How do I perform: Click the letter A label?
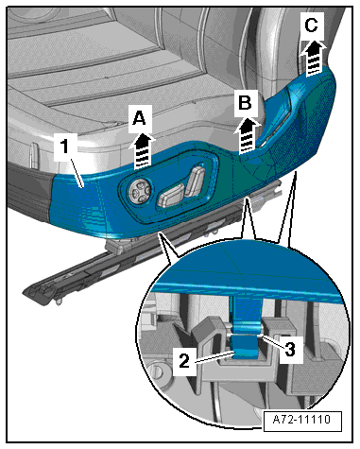pyautogui.click(x=139, y=119)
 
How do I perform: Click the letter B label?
pyautogui.click(x=245, y=103)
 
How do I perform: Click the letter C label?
pyautogui.click(x=311, y=26)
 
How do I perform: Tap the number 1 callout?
pyautogui.click(x=65, y=147)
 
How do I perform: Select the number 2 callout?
pyautogui.click(x=184, y=361)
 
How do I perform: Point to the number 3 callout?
pyautogui.click(x=290, y=350)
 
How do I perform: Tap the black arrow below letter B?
pyautogui.click(x=248, y=135)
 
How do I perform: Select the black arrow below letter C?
pyautogui.click(x=314, y=59)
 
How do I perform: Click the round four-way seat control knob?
pyautogui.click(x=139, y=191)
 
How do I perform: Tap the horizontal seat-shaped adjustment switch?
pyautogui.click(x=172, y=196)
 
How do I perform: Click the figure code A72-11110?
pyautogui.click(x=301, y=420)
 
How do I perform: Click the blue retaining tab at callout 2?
pyautogui.click(x=247, y=347)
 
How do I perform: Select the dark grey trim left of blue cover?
pyautogui.click(x=30, y=189)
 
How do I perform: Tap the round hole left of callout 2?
pyautogui.click(x=157, y=371)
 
